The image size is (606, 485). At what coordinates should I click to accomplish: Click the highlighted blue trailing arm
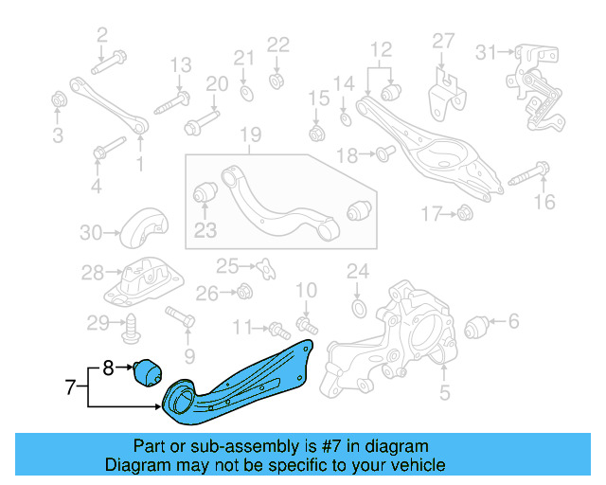click(241, 384)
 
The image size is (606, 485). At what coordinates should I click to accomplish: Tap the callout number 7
click(68, 386)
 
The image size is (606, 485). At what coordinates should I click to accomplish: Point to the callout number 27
click(444, 41)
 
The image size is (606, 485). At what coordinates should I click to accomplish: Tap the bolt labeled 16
click(529, 173)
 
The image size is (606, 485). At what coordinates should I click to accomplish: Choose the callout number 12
click(380, 49)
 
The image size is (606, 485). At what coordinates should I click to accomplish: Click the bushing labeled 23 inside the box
click(204, 195)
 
